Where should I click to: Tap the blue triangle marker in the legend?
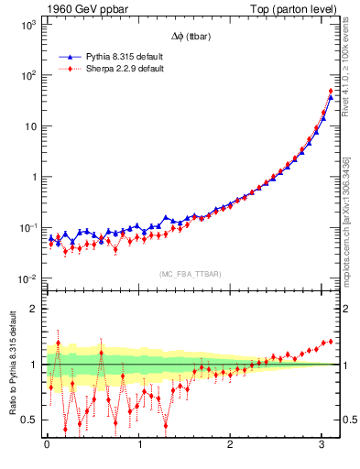67,56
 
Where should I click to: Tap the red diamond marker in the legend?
67,68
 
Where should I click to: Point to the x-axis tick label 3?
323,445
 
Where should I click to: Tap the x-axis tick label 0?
47,445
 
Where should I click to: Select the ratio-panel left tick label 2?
33,309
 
